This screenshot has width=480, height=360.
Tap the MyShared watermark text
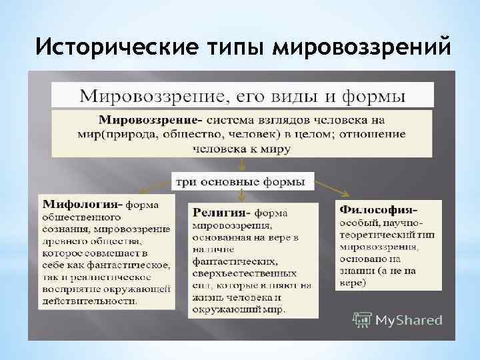(x=409, y=320)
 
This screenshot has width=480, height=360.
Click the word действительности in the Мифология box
(x=90, y=301)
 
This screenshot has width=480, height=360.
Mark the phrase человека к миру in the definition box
(x=242, y=148)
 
